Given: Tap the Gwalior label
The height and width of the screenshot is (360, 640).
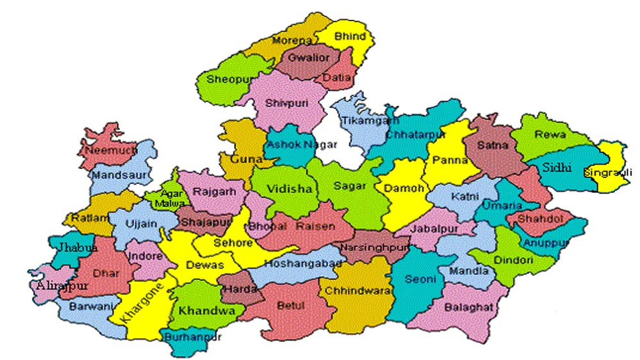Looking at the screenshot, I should [x=309, y=58].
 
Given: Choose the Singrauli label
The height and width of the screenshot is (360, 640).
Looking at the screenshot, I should [x=607, y=172].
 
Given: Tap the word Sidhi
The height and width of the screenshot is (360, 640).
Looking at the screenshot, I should [x=558, y=167].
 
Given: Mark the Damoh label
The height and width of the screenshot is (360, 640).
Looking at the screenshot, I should [x=400, y=189].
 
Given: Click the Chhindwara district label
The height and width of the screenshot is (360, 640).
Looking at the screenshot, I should [x=357, y=290].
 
